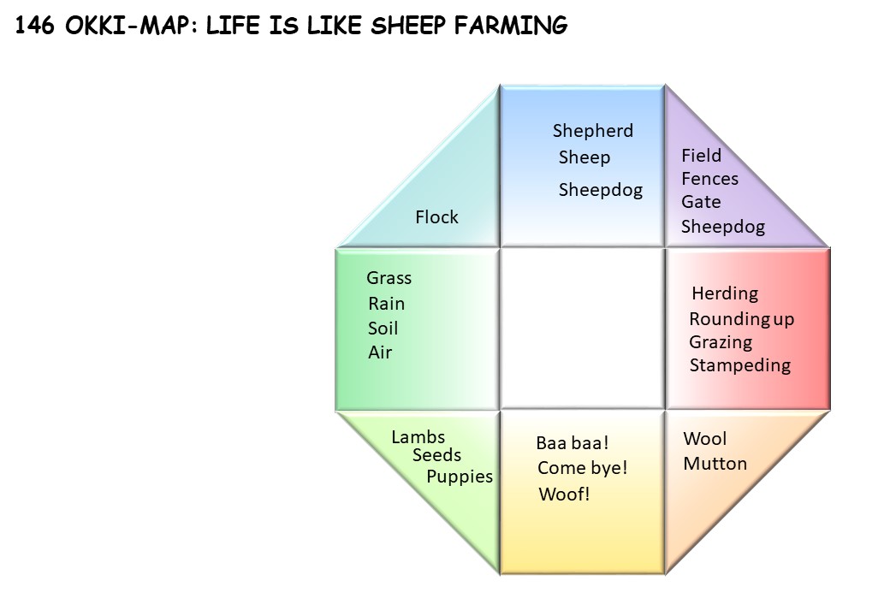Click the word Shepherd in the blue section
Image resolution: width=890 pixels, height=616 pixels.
[x=592, y=130]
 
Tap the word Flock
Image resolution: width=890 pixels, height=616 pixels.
[x=436, y=216]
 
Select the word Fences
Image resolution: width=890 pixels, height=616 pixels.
[x=709, y=179]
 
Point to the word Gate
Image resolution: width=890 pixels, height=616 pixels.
[x=701, y=202]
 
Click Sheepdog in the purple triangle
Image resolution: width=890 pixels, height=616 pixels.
[x=722, y=227]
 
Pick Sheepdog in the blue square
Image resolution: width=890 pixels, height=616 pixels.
[x=601, y=190]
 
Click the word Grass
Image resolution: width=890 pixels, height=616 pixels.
[x=389, y=278]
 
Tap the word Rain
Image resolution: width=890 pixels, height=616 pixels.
[x=387, y=304]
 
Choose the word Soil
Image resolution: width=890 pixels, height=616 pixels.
[x=383, y=328]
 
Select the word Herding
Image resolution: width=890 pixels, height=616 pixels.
[x=725, y=293]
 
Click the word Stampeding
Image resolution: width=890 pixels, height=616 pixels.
[x=739, y=365]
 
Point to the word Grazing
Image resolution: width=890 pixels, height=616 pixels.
[x=721, y=342]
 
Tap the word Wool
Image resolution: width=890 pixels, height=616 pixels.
[x=704, y=438]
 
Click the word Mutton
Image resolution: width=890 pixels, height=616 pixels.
[x=715, y=464]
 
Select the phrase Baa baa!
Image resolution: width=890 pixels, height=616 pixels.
[x=573, y=442]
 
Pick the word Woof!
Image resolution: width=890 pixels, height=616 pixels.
[x=564, y=494]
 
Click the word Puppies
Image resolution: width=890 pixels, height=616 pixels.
[x=460, y=477]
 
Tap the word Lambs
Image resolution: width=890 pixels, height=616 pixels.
[x=418, y=436]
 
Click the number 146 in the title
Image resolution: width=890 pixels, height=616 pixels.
[x=35, y=25]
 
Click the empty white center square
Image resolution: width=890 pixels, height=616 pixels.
[x=583, y=329]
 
